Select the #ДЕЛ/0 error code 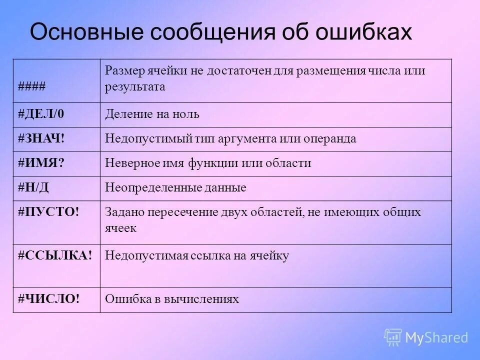(41, 114)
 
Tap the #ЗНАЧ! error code (42, 138)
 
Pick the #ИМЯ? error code (41, 163)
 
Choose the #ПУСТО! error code (48, 212)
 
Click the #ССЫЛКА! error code (55, 255)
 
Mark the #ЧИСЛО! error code (48, 299)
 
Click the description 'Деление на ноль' (152, 114)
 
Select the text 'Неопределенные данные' (175, 187)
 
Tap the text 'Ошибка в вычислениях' (171, 299)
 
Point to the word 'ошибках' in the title (364, 32)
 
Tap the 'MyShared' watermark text (436, 337)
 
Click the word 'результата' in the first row (134, 86)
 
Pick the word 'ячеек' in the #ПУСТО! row (120, 227)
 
